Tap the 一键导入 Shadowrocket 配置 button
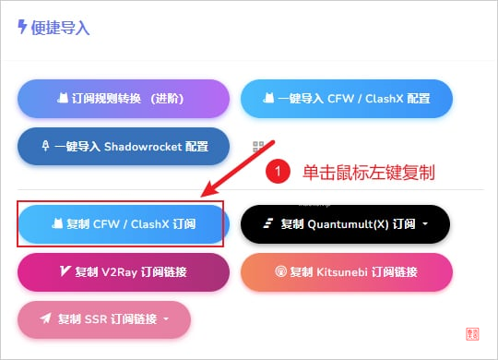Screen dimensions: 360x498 pyautogui.click(x=123, y=146)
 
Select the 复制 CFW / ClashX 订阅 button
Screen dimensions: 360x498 pyautogui.click(x=121, y=223)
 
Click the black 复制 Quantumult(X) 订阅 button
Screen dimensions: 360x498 pyautogui.click(x=345, y=223)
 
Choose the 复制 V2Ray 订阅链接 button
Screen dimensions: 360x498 pyautogui.click(x=121, y=271)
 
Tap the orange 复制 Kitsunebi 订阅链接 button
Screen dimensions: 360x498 pyautogui.click(x=347, y=271)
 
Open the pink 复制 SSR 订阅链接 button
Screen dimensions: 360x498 pyautogui.click(x=104, y=319)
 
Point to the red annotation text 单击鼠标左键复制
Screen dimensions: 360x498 pyautogui.click(x=368, y=172)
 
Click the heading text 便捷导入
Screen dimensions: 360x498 pyautogui.click(x=61, y=28)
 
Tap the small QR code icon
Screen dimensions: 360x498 pyautogui.click(x=259, y=147)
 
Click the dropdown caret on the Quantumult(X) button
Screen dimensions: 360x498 pyautogui.click(x=426, y=224)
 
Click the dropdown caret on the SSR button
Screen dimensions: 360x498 pyautogui.click(x=166, y=319)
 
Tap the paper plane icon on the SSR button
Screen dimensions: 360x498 pyautogui.click(x=43, y=319)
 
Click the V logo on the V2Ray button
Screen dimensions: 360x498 pyautogui.click(x=65, y=271)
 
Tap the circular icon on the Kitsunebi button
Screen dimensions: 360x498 pyautogui.click(x=281, y=271)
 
